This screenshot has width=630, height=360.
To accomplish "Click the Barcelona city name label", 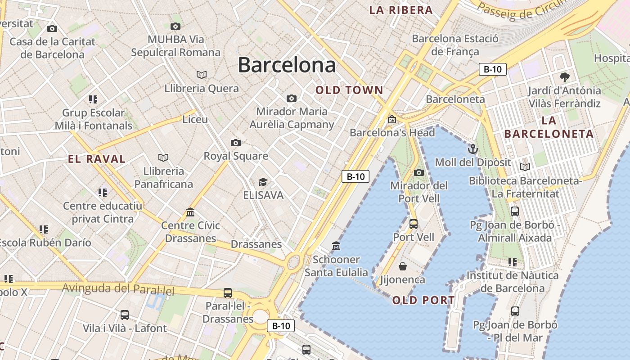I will pos(287,65).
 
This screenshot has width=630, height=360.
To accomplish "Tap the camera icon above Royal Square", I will pos(235,143).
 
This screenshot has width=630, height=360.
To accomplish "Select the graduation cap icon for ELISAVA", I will pos(263,182).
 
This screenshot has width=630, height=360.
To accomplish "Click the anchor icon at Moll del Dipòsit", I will pos(472,149).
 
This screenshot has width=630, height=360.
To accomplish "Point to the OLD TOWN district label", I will pos(349,90).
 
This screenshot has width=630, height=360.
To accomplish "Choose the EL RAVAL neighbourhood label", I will pos(97,159).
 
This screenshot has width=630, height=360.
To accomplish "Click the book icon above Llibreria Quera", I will pos(202,75).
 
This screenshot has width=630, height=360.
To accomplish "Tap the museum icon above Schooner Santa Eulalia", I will pos(336,246).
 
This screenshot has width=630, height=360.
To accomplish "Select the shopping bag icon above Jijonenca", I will pos(403,266).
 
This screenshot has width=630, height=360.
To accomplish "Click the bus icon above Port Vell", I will pos(414,224).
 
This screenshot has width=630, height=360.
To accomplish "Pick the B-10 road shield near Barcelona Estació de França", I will pos(492,69).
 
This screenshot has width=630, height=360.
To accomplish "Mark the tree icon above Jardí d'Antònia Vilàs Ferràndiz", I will pos(564,77).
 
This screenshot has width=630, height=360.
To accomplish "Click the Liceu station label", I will pos(195,119).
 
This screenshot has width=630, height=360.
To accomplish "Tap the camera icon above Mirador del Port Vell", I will pos(418,172).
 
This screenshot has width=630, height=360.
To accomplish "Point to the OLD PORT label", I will pos(423,300).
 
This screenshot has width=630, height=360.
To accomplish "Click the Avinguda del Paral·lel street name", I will pos(118,288).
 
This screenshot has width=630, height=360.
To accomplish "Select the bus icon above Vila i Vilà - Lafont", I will pos(125,315).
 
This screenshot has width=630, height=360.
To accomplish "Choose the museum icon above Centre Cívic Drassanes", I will pos(190,212).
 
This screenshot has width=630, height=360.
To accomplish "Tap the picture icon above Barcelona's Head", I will pos(392,120).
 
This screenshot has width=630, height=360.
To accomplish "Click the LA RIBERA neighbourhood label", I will pos(401,10).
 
